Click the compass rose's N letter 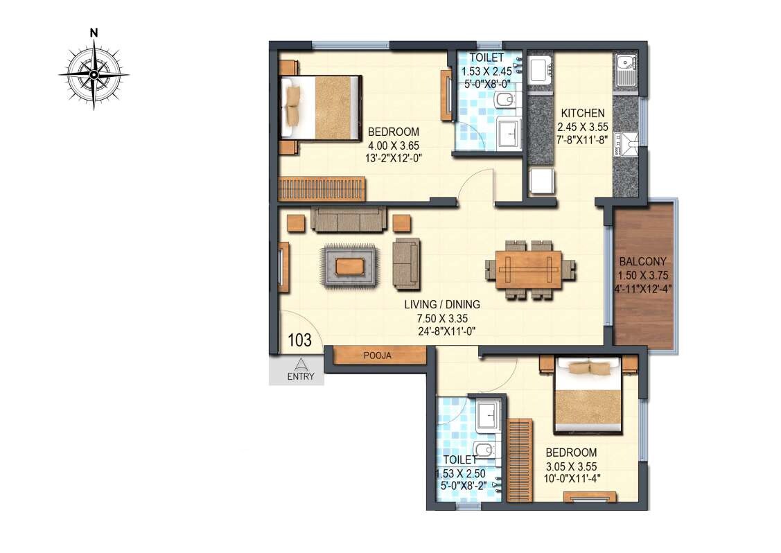93,32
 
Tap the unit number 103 299,340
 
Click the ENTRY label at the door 301,378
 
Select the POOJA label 378,355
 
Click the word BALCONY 642,262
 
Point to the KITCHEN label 583,114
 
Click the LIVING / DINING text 442,304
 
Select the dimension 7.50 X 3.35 442,317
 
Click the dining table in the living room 530,269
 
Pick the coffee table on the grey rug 348,265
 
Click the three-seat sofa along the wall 348,219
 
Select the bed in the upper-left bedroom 322,108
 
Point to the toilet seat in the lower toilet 485,450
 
